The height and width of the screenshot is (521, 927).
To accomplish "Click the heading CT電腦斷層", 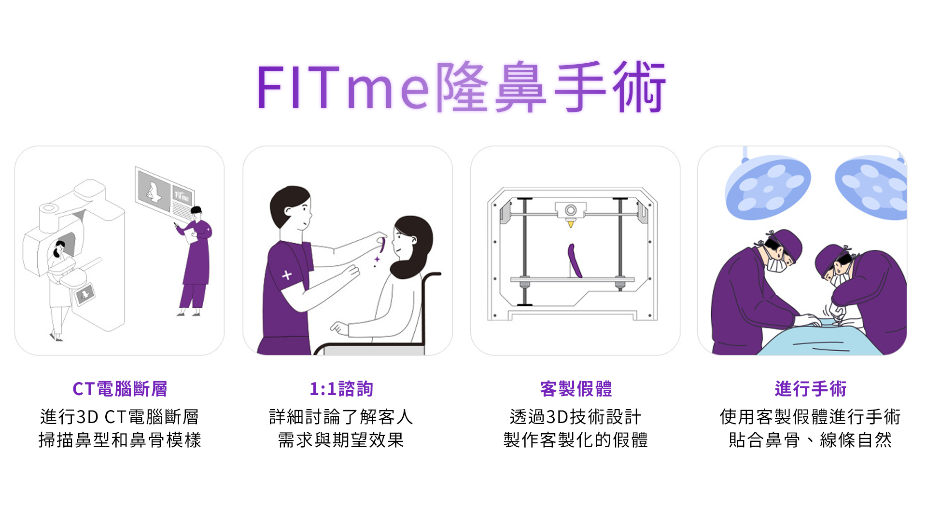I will pyautogui.click(x=120, y=389).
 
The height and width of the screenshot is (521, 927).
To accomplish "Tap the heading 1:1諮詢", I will pyautogui.click(x=341, y=389).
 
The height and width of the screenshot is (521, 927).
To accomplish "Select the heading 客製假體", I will pyautogui.click(x=576, y=389).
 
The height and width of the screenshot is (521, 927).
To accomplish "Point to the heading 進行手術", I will pyautogui.click(x=810, y=389).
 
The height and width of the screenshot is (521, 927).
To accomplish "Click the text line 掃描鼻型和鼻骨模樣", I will pyautogui.click(x=120, y=440).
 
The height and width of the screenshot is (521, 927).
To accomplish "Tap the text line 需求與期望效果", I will pyautogui.click(x=341, y=440).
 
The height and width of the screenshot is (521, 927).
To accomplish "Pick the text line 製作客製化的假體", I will pyautogui.click(x=576, y=440).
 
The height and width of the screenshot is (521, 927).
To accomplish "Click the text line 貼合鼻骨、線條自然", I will pyautogui.click(x=810, y=440).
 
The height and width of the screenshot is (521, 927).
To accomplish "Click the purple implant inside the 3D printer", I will pyautogui.click(x=575, y=260).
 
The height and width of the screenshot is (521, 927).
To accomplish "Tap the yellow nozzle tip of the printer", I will pyautogui.click(x=571, y=224).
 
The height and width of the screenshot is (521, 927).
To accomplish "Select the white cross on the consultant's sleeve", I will pyautogui.click(x=287, y=275).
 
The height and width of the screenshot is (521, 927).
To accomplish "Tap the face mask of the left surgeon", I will pyautogui.click(x=776, y=264).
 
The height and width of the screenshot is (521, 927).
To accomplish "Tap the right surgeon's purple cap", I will pyautogui.click(x=829, y=256).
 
